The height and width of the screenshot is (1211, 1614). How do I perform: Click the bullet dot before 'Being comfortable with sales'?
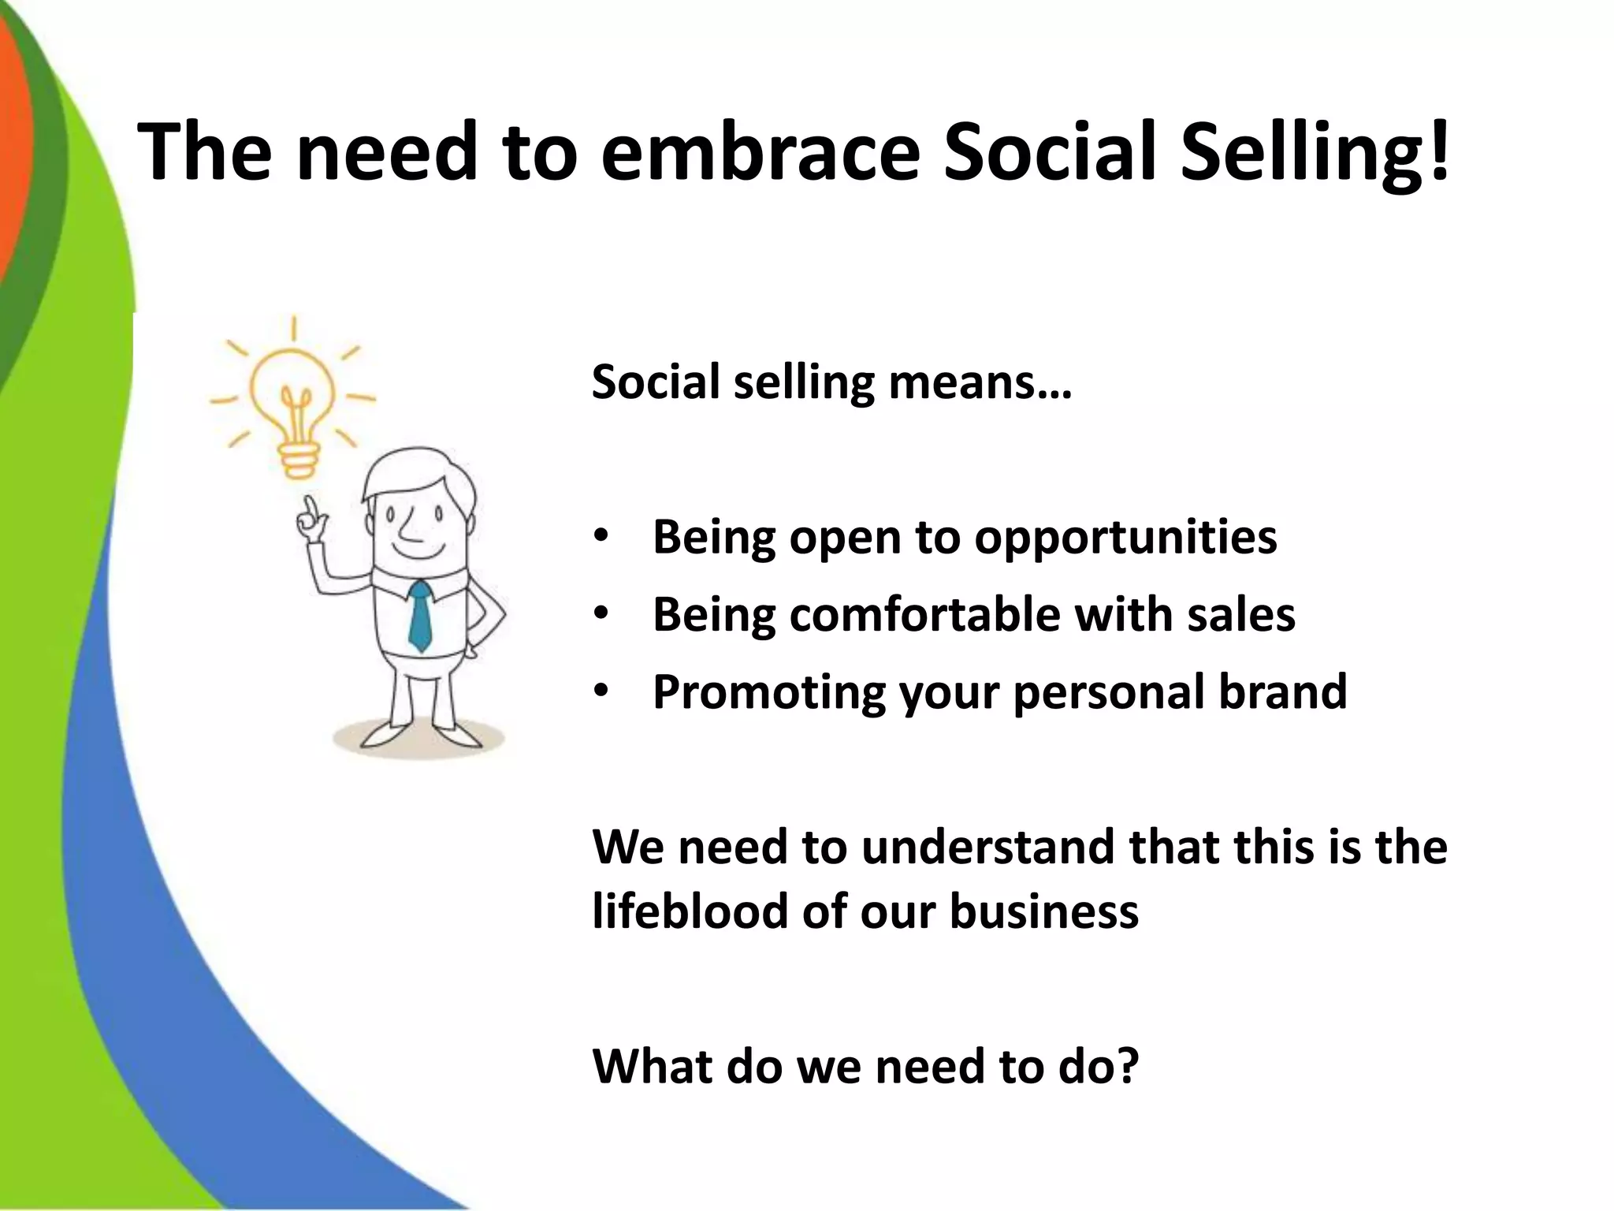(x=602, y=614)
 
